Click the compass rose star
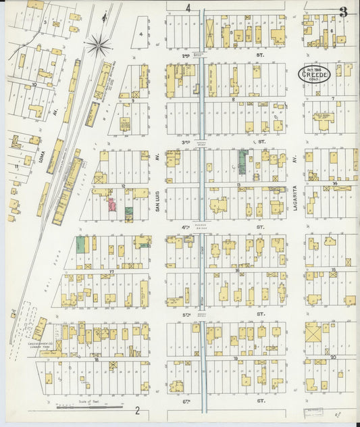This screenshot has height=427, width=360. pos(99,45)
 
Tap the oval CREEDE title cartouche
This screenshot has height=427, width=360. pos(315,74)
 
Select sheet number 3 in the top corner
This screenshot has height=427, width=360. pos(344,11)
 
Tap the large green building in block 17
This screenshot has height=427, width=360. pos(81,244)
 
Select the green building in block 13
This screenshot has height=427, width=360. pos(242,162)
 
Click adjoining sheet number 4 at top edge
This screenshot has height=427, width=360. pos(188,8)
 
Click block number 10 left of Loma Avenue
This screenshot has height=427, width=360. pos(34,85)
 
